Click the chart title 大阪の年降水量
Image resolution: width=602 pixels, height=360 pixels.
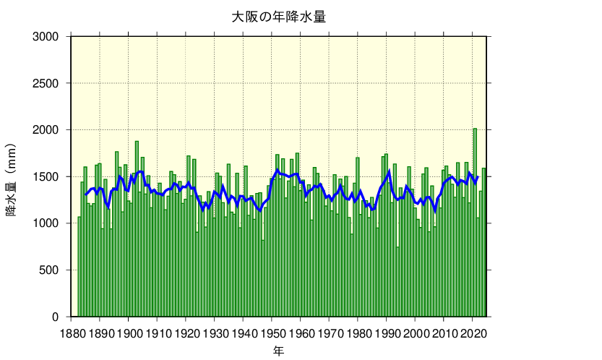278,17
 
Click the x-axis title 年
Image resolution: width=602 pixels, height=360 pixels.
278,351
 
